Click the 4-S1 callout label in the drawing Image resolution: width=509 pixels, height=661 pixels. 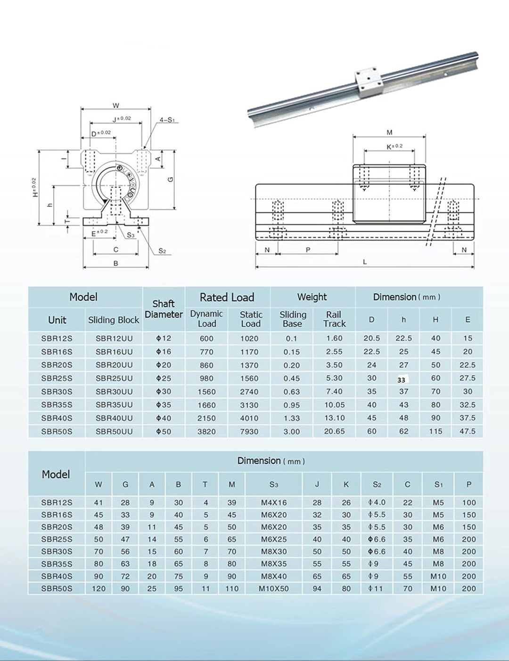[167, 120]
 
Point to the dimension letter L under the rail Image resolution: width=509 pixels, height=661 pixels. [365, 262]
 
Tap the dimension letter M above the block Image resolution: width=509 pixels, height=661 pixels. [389, 132]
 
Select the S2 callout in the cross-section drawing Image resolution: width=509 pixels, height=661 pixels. [162, 251]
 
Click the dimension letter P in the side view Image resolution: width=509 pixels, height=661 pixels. [308, 250]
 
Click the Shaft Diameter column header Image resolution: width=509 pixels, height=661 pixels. [164, 309]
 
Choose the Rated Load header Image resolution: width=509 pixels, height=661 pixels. [227, 297]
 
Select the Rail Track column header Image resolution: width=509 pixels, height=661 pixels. [334, 319]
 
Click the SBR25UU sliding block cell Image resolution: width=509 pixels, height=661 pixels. [114, 378]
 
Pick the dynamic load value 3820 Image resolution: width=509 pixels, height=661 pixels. [206, 431]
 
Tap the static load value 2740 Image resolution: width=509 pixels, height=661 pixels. [249, 391]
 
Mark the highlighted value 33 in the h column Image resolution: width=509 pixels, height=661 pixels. [402, 379]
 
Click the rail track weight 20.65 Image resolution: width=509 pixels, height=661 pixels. [334, 431]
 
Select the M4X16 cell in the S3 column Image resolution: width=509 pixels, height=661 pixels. [274, 503]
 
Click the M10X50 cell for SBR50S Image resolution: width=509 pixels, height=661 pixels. [274, 588]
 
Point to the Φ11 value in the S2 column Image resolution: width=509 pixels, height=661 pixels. [376, 588]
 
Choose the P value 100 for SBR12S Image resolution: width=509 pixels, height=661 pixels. [468, 503]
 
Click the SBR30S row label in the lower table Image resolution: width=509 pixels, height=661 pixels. [57, 551]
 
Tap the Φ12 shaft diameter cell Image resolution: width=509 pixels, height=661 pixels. [164, 339]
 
